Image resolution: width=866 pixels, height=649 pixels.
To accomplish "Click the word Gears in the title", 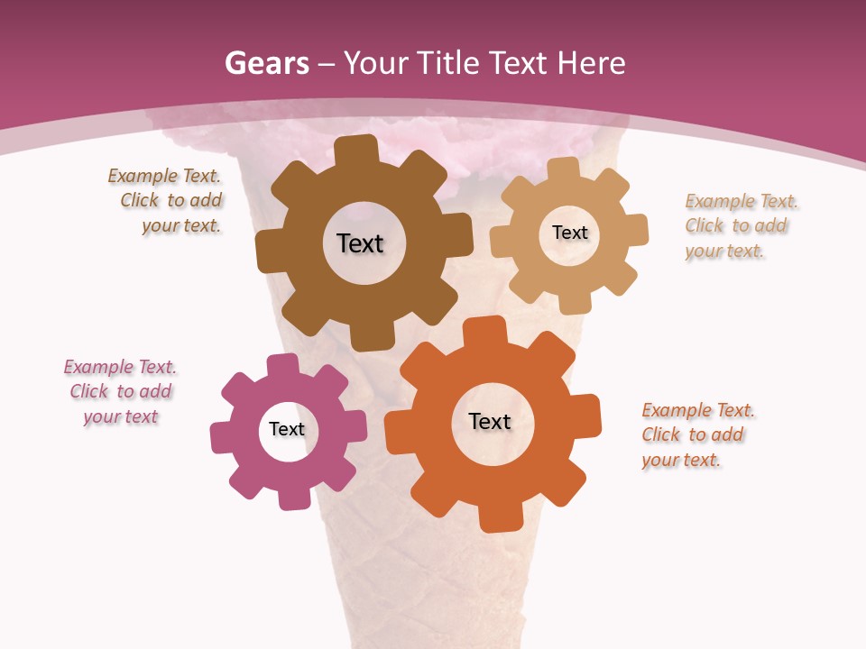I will (x=266, y=64).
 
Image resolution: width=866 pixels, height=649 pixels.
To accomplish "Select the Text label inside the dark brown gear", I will (x=360, y=243).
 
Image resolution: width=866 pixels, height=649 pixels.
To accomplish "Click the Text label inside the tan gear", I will (x=569, y=233).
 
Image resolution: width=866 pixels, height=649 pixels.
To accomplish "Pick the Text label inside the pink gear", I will (x=287, y=429).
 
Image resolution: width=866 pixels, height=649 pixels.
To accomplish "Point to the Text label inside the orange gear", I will (x=490, y=421).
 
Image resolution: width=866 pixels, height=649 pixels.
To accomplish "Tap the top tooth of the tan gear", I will (x=564, y=169).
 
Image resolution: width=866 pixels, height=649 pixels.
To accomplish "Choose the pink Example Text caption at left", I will (x=121, y=391).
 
